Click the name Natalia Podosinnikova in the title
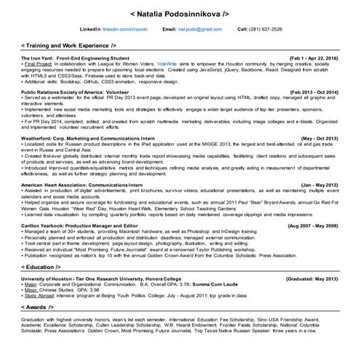point(179,13)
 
